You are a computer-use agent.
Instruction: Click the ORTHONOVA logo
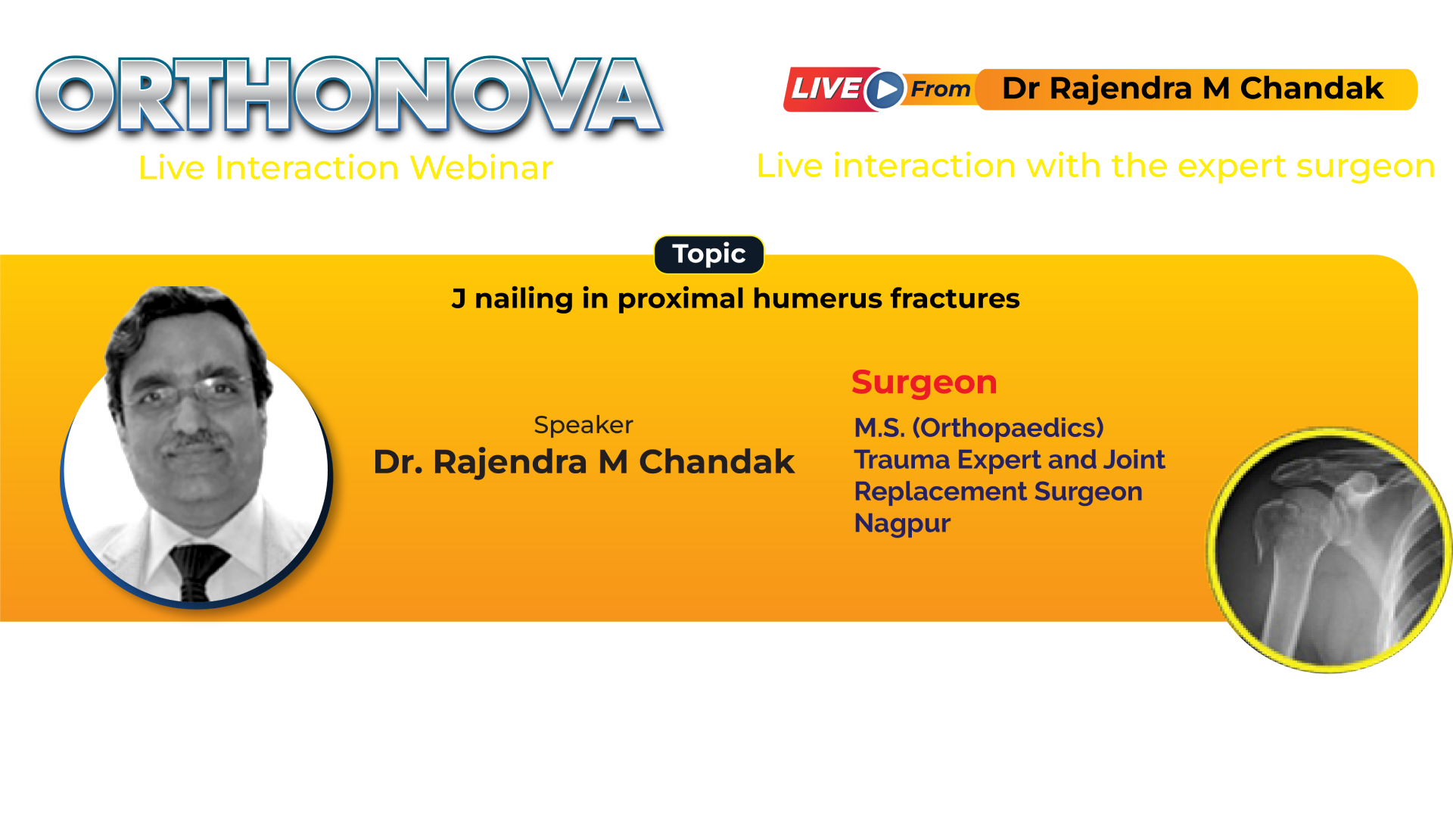[350, 95]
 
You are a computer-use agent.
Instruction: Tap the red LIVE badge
[827, 89]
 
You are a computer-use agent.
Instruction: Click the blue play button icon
[885, 90]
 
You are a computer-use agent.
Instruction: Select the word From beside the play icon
[940, 89]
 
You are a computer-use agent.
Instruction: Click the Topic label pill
[709, 254]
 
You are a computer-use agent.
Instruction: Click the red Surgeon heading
[924, 382]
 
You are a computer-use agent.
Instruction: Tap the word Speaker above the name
[583, 425]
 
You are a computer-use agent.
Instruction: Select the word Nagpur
[902, 523]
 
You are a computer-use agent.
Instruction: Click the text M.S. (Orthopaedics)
[979, 428]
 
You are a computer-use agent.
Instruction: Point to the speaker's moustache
[195, 440]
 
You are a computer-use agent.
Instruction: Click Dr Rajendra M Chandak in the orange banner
[1193, 89]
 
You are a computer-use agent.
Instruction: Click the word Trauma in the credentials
[902, 460]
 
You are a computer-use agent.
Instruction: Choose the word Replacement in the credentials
[941, 492]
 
